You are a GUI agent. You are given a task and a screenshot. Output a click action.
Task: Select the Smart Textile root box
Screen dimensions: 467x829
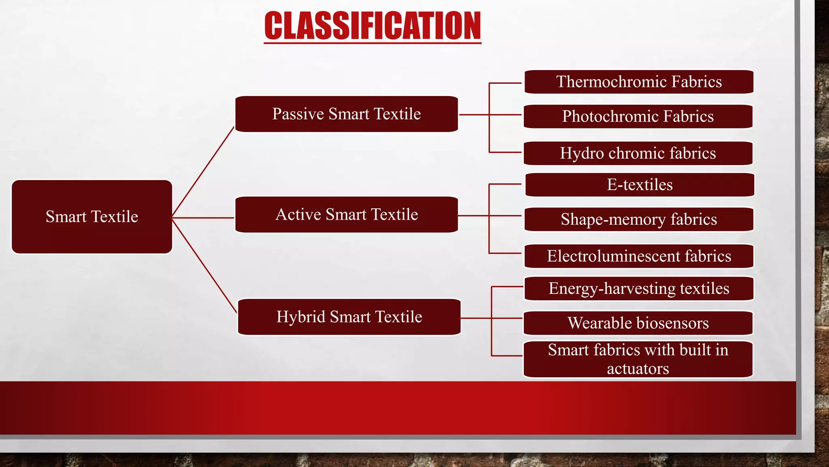pos(92,217)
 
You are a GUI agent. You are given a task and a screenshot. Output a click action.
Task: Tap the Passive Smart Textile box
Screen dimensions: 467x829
pos(346,114)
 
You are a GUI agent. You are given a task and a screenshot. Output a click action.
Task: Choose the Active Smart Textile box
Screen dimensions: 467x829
pos(346,214)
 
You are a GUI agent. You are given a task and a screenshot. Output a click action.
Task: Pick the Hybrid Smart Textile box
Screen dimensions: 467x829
pos(349,317)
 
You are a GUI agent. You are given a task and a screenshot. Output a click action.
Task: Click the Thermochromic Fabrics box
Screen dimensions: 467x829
pos(639,82)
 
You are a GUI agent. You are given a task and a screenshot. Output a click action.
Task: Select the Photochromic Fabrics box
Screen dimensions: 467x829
pos(638,116)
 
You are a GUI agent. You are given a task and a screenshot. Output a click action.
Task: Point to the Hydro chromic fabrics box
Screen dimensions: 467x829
pos(638,153)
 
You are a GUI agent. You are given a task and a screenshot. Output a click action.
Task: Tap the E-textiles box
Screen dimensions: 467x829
pos(640,185)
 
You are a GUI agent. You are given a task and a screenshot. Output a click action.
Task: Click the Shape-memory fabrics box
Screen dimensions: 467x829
pos(639,219)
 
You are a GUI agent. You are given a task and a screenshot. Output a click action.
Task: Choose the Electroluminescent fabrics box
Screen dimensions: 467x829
pos(639,256)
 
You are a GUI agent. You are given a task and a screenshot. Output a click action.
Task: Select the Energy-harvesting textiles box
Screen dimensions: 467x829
pos(639,289)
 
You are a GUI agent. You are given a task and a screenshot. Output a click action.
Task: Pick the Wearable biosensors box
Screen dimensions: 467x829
pos(638,323)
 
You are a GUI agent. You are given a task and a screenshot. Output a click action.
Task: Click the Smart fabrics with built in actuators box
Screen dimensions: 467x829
pos(638,359)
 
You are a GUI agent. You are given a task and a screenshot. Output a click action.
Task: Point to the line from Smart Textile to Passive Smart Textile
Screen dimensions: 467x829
pos(203,172)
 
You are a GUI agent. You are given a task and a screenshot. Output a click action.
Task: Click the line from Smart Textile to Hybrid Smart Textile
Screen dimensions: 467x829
pos(204,266)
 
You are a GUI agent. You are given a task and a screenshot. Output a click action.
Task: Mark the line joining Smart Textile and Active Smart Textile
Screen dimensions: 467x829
pos(203,218)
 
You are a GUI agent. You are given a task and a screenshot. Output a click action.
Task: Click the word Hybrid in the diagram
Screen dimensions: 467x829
pos(300,317)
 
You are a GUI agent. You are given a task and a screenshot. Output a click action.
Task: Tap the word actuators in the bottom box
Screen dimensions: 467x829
pos(638,369)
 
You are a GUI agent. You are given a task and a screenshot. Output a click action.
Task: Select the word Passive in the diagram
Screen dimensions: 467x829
pos(298,114)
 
